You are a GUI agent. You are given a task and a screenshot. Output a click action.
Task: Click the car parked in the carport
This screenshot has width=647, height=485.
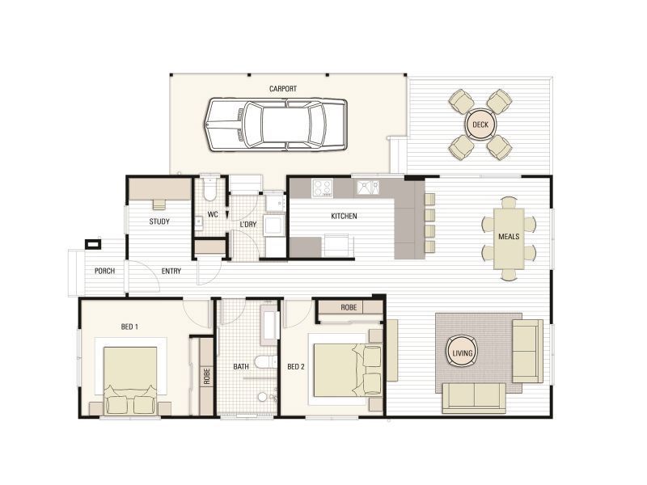coord(276,124)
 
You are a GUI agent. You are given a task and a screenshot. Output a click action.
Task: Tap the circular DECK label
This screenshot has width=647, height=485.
coord(480,124)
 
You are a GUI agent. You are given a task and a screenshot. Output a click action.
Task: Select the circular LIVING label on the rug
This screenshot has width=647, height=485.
coord(462,352)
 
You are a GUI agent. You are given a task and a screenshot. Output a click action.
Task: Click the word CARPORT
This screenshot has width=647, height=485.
coord(283,89)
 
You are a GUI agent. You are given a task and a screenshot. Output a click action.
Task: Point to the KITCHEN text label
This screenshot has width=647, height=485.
coord(344,216)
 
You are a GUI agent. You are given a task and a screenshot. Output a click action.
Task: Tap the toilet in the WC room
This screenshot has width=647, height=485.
coord(209,188)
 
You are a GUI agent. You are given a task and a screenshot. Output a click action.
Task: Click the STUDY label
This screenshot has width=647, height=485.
coord(159,221)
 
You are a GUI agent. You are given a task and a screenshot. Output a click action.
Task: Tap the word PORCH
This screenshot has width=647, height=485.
coord(103,271)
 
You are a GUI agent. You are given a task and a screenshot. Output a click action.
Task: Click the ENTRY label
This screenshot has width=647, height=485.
coord(171,271)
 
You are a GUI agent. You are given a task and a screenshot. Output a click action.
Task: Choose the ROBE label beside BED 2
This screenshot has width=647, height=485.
coord(349,308)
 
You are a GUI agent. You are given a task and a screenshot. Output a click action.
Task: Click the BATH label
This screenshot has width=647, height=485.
coord(241,366)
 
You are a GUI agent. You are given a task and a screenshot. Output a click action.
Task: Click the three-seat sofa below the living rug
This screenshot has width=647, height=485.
coord(473,398)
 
